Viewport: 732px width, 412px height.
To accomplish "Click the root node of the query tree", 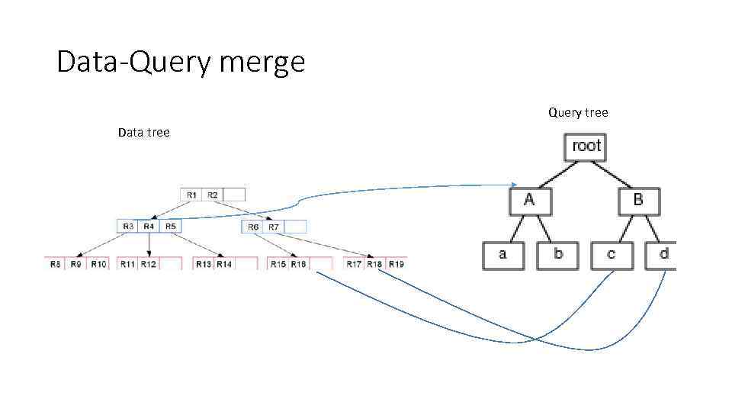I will pyautogui.click(x=586, y=146).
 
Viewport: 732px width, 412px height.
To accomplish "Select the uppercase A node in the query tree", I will pyautogui.click(x=530, y=201).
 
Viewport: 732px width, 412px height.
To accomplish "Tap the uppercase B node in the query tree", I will pyautogui.click(x=638, y=201).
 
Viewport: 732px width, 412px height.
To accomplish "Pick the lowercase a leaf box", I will pyautogui.click(x=503, y=255).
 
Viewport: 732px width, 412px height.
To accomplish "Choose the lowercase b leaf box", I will pyautogui.click(x=558, y=255).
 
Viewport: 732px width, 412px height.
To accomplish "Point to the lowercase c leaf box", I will pyautogui.click(x=612, y=255).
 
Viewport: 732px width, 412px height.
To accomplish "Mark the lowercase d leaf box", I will pyautogui.click(x=662, y=255).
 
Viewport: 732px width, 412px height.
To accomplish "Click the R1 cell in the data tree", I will pyautogui.click(x=192, y=195).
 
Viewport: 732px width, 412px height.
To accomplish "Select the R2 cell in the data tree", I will pyautogui.click(x=212, y=195).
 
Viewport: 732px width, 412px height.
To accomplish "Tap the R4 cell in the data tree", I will pyautogui.click(x=149, y=227).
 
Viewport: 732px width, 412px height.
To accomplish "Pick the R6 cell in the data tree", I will pyautogui.click(x=253, y=227).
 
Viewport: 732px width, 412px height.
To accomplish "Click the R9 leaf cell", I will pyautogui.click(x=76, y=264).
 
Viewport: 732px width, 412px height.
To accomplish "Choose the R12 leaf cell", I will pyautogui.click(x=149, y=264).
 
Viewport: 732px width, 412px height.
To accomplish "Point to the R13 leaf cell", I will pyautogui.click(x=204, y=264).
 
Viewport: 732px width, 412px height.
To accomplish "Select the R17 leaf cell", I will pyautogui.click(x=354, y=264).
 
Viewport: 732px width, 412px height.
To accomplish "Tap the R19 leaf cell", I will pyautogui.click(x=396, y=264).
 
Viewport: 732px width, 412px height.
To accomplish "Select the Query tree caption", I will pyautogui.click(x=578, y=113).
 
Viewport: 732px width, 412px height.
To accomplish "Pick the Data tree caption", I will pyautogui.click(x=143, y=133).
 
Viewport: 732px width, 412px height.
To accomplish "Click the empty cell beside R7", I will pyautogui.click(x=295, y=227).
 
